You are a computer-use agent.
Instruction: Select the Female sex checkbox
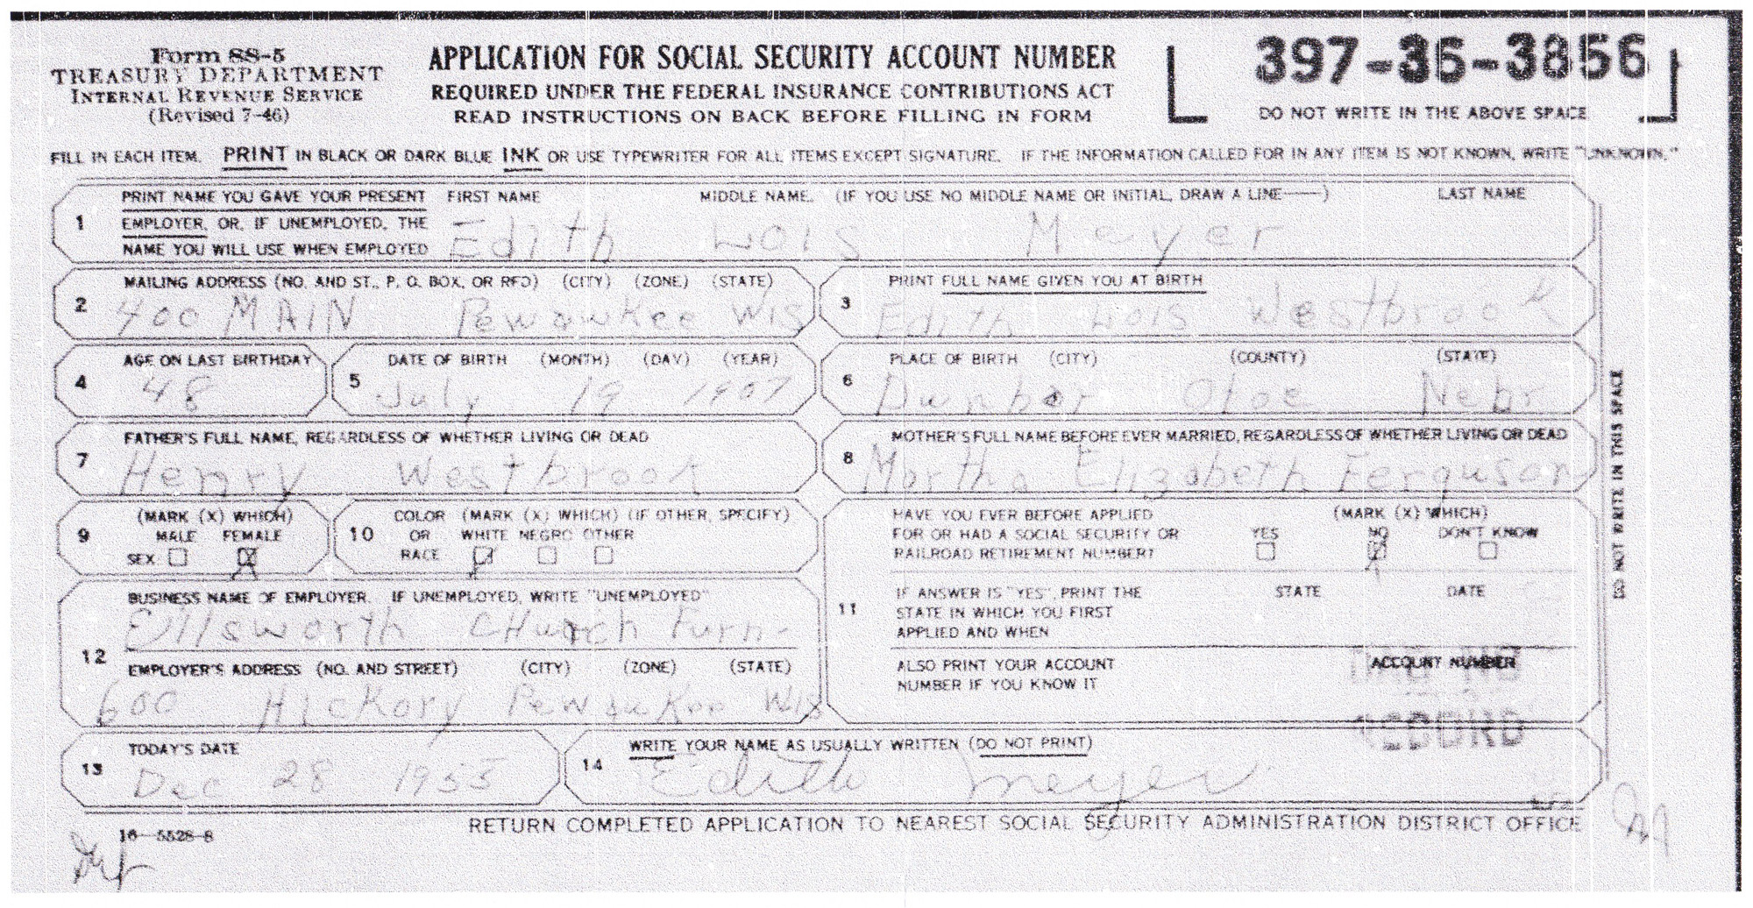pyautogui.click(x=248, y=557)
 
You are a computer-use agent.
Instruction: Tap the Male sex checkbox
pyautogui.click(x=178, y=557)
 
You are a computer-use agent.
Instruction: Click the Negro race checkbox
pyautogui.click(x=548, y=555)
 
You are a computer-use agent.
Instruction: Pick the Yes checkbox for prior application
pyautogui.click(x=1265, y=551)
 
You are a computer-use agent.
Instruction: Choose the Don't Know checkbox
pyautogui.click(x=1487, y=551)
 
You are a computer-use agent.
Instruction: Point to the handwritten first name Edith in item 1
pyautogui.click(x=536, y=238)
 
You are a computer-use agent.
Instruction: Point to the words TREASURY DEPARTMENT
pyautogui.click(x=217, y=75)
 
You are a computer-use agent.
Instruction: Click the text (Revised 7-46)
pyautogui.click(x=218, y=115)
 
